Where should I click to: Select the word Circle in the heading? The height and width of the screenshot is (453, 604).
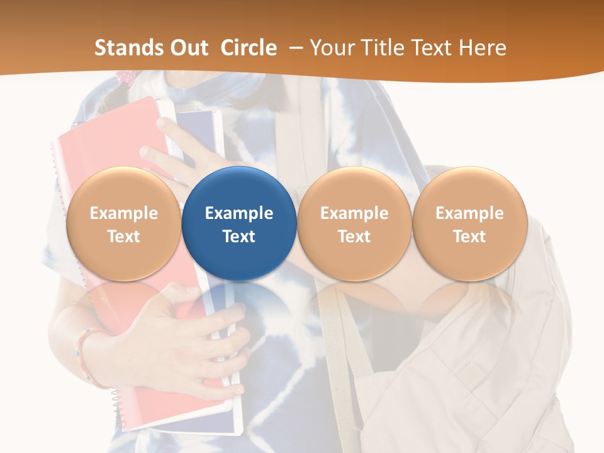[249, 48]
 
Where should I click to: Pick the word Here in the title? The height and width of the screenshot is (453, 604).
[483, 48]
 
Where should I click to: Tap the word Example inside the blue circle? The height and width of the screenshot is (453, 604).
[239, 213]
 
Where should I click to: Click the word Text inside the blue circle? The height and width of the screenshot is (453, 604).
[239, 237]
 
